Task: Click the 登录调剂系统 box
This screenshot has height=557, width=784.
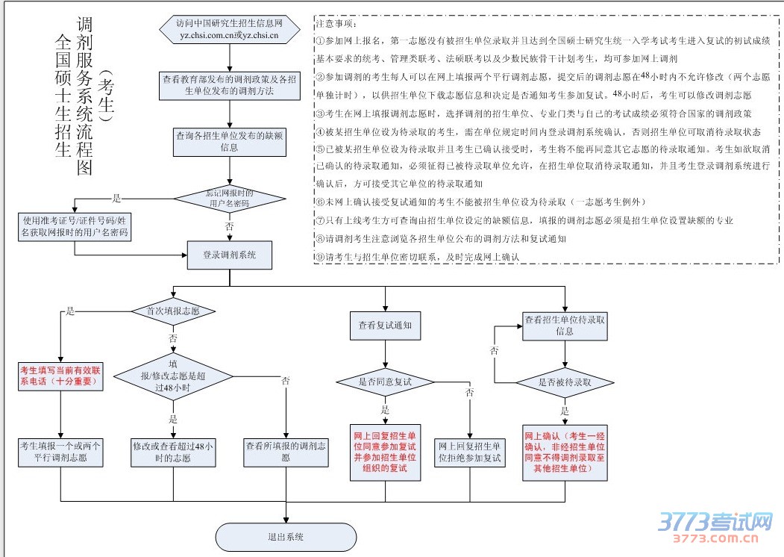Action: (230, 255)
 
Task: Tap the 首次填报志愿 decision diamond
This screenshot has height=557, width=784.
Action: (173, 311)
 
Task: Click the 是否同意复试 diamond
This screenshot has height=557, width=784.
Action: (385, 382)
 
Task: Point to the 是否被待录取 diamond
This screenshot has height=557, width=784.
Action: (565, 382)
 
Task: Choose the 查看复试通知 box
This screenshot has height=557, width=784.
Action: (385, 326)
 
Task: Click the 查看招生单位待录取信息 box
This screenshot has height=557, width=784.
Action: (565, 325)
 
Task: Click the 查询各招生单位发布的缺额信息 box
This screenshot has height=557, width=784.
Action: (229, 142)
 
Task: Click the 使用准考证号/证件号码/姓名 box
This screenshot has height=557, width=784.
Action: (75, 226)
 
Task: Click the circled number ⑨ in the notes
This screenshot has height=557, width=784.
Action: (320, 257)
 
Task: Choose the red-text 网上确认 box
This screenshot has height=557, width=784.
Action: (565, 452)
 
